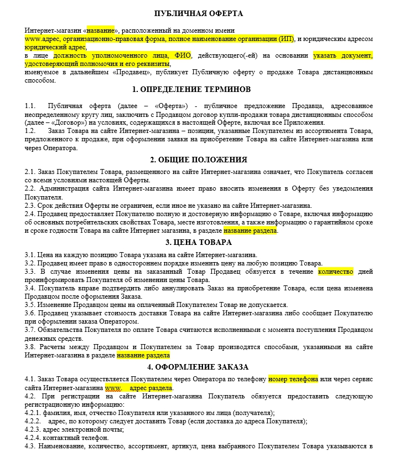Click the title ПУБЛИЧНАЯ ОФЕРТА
coord(199,13)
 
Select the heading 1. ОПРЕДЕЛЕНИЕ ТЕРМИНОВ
coord(199,89)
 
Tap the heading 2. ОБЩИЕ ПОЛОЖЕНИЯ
coord(199,160)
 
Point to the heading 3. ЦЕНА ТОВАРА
coord(199,242)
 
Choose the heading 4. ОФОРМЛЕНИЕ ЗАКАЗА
coord(199,367)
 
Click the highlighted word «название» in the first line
coord(101,30)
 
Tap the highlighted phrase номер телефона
coord(293,380)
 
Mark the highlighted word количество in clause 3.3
coord(335,272)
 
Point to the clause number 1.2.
coord(30,131)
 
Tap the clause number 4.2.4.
coord(34,437)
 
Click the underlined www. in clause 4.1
coord(112,388)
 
